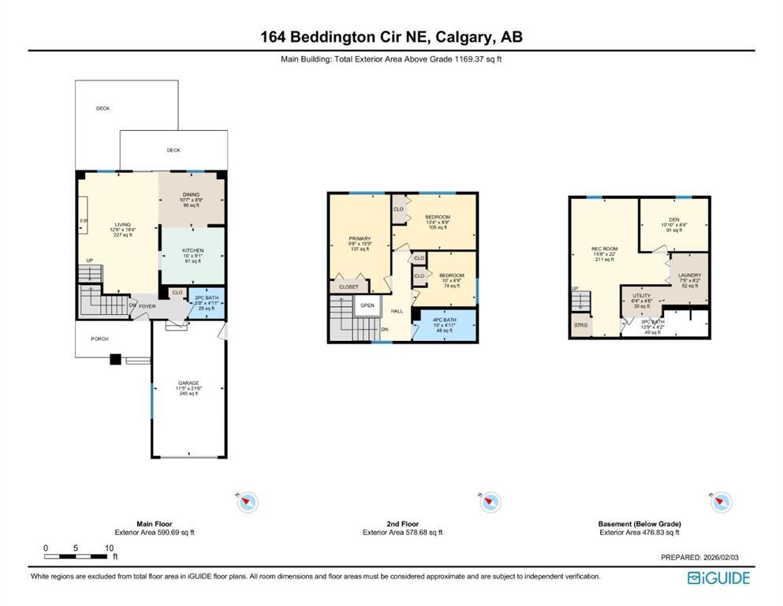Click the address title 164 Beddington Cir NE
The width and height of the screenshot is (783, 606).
(x=391, y=36)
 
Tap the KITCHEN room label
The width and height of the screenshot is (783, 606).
(x=193, y=250)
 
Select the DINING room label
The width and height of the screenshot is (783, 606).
(x=192, y=194)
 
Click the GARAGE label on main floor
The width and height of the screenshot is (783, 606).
(x=188, y=383)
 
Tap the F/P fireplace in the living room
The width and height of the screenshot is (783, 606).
(x=83, y=222)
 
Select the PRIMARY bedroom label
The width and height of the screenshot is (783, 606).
(x=360, y=238)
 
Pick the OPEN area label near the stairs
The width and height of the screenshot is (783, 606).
(x=367, y=305)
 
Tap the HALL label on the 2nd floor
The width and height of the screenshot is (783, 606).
(x=397, y=311)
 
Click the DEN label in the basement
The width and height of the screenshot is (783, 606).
(x=673, y=219)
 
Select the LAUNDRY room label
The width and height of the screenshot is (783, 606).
(x=689, y=275)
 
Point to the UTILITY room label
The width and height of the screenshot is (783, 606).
(x=641, y=295)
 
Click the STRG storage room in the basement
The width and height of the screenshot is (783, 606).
(x=581, y=324)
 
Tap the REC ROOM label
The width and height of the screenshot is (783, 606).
(x=605, y=249)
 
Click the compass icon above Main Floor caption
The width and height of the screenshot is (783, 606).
(x=248, y=502)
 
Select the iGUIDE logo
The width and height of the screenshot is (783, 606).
(x=718, y=578)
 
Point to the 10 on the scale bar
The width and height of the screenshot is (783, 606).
(x=108, y=548)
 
